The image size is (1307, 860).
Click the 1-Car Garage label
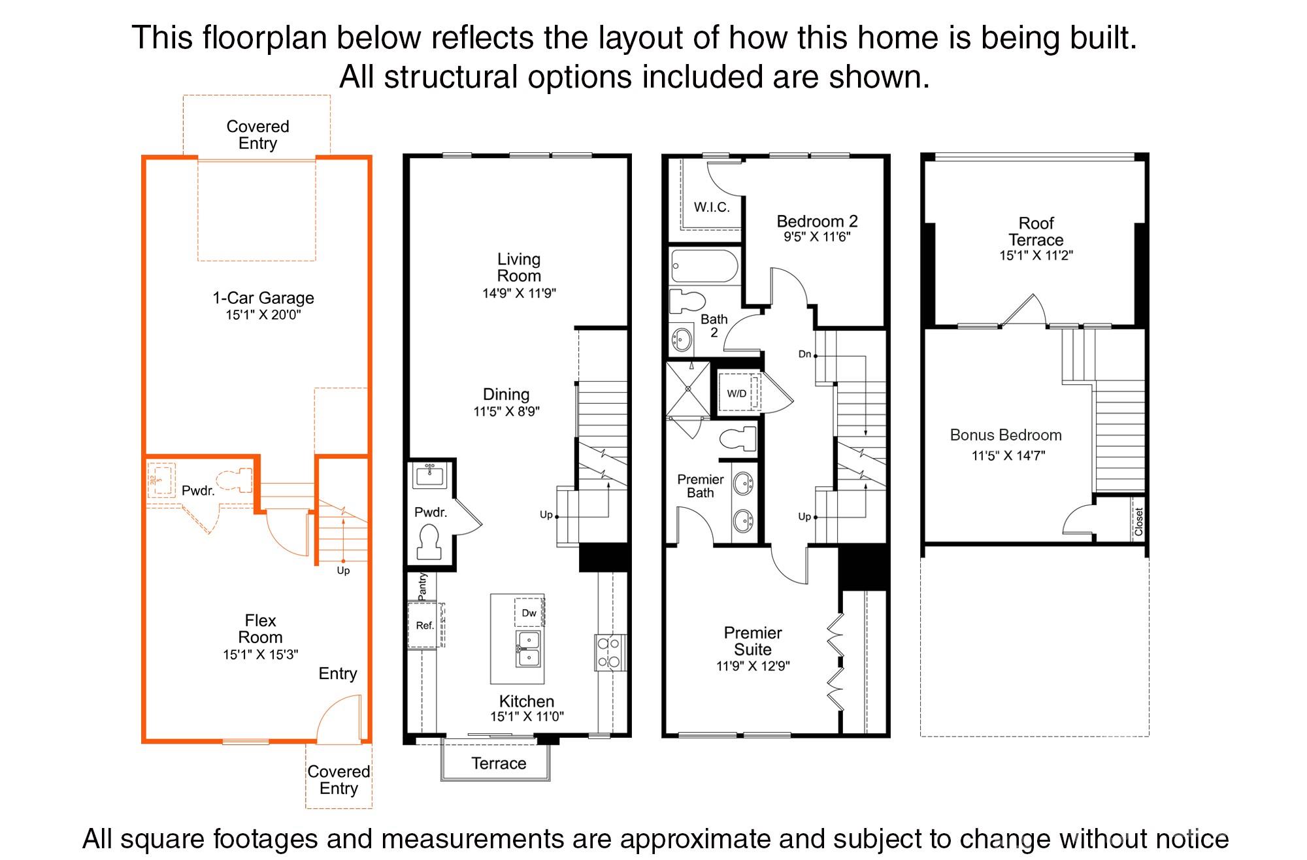point(263,298)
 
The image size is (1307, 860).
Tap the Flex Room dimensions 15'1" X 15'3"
point(260,655)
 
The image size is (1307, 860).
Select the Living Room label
point(519,267)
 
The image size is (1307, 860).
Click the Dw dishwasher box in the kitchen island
point(529,613)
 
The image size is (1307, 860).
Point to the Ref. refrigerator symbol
point(424,625)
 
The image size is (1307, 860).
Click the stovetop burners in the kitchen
point(609,652)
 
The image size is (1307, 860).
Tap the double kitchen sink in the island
point(528,648)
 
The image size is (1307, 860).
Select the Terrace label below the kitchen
point(499,763)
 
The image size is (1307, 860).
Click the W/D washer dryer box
point(737,393)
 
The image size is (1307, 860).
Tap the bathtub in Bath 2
point(704,266)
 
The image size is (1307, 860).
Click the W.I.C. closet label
point(712,207)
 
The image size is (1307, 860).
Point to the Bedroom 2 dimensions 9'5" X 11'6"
point(817,237)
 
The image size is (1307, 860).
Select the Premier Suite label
point(753,641)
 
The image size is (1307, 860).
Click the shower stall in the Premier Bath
point(687,389)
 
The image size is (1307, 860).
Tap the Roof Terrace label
point(1036,231)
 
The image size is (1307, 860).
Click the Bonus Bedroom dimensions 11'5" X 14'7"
point(1008,455)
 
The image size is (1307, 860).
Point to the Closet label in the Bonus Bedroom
point(1138,521)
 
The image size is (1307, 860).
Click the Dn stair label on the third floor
point(804,354)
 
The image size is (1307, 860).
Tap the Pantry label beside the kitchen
point(422,586)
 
